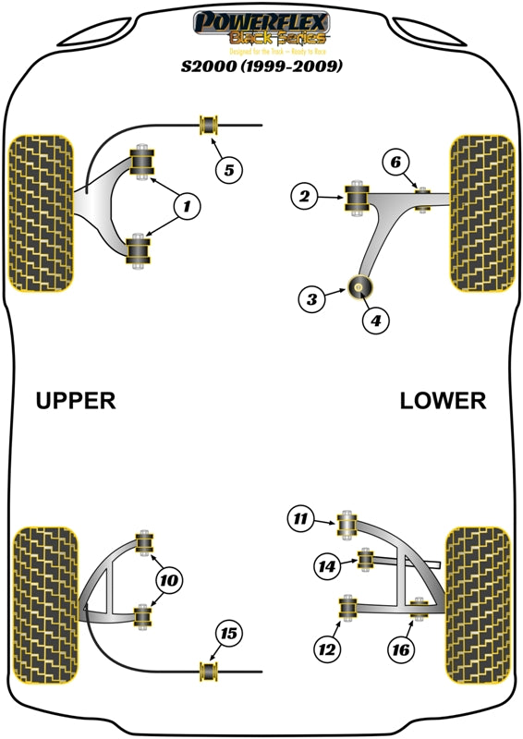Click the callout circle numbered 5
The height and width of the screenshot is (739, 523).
coord(229,168)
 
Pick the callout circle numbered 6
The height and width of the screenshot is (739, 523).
coord(395,163)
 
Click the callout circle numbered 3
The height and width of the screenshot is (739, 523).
coord(312,298)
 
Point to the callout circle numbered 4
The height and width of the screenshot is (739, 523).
coord(377,321)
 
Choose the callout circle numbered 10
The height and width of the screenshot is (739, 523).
coord(168,580)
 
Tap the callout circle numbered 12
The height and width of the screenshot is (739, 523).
coord(325,649)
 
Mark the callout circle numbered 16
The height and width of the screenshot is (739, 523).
coord(399,649)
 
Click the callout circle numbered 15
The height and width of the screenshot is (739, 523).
coord(228,633)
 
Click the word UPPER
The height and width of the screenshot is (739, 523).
coord(76,400)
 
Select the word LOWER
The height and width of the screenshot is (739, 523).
coord(443,400)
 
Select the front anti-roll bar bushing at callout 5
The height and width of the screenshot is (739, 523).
coord(208,125)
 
